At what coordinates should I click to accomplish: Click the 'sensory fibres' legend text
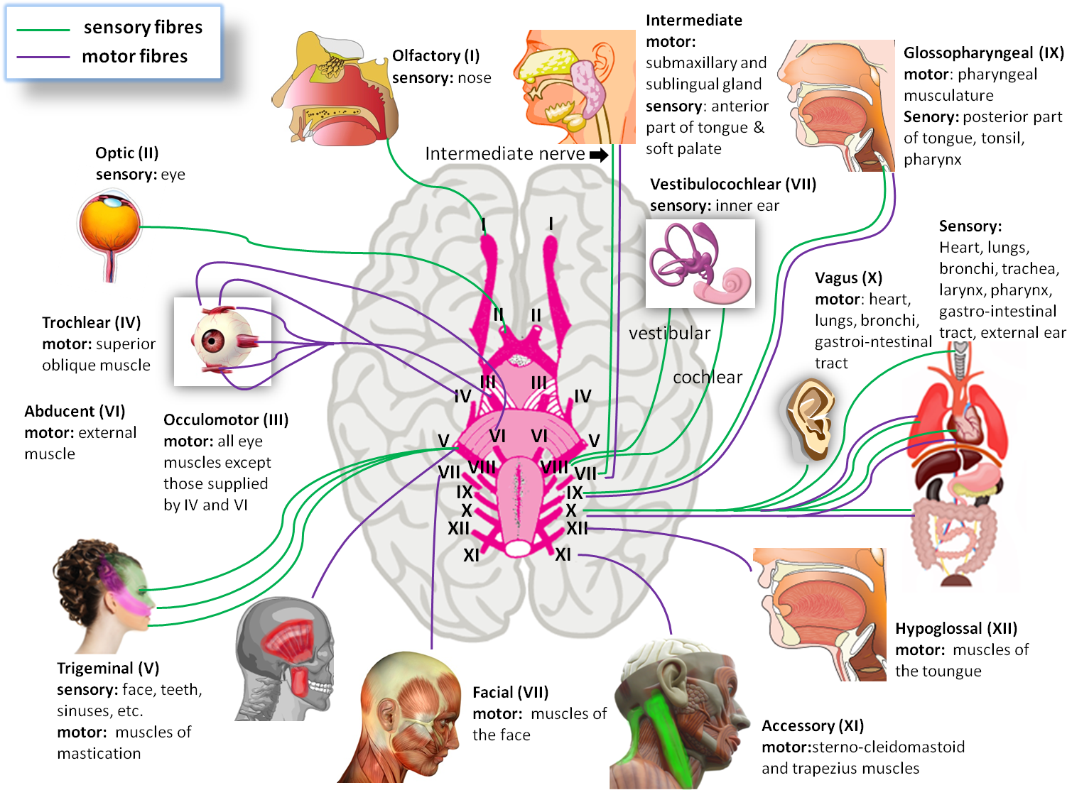click(143, 27)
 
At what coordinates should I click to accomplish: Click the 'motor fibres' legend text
click(134, 56)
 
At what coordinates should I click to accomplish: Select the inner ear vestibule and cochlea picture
click(700, 263)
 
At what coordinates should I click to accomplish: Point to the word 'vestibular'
click(669, 333)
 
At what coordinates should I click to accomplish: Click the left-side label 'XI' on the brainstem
click(471, 556)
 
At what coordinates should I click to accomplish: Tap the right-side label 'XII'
click(577, 528)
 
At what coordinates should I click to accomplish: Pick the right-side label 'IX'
click(574, 493)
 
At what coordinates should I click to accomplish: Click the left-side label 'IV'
click(462, 397)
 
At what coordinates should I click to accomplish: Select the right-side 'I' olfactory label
click(551, 224)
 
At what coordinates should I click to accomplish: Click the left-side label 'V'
click(443, 441)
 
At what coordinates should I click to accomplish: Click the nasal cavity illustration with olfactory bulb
click(334, 89)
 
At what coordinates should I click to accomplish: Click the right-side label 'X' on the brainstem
click(571, 510)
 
